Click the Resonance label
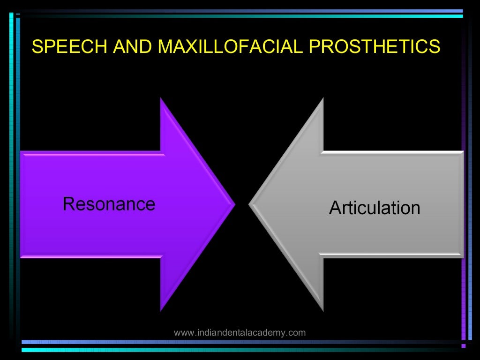[x=109, y=204]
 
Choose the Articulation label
[x=375, y=208]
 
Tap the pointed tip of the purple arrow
[x=233, y=204]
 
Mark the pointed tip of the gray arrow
[x=250, y=204]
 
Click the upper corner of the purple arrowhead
[x=161, y=99]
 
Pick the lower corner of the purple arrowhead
[x=161, y=310]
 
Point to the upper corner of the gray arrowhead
[x=322, y=99]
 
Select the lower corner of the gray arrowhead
[x=322, y=310]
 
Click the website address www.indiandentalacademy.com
[x=240, y=333]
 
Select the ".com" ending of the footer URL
[x=297, y=333]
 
